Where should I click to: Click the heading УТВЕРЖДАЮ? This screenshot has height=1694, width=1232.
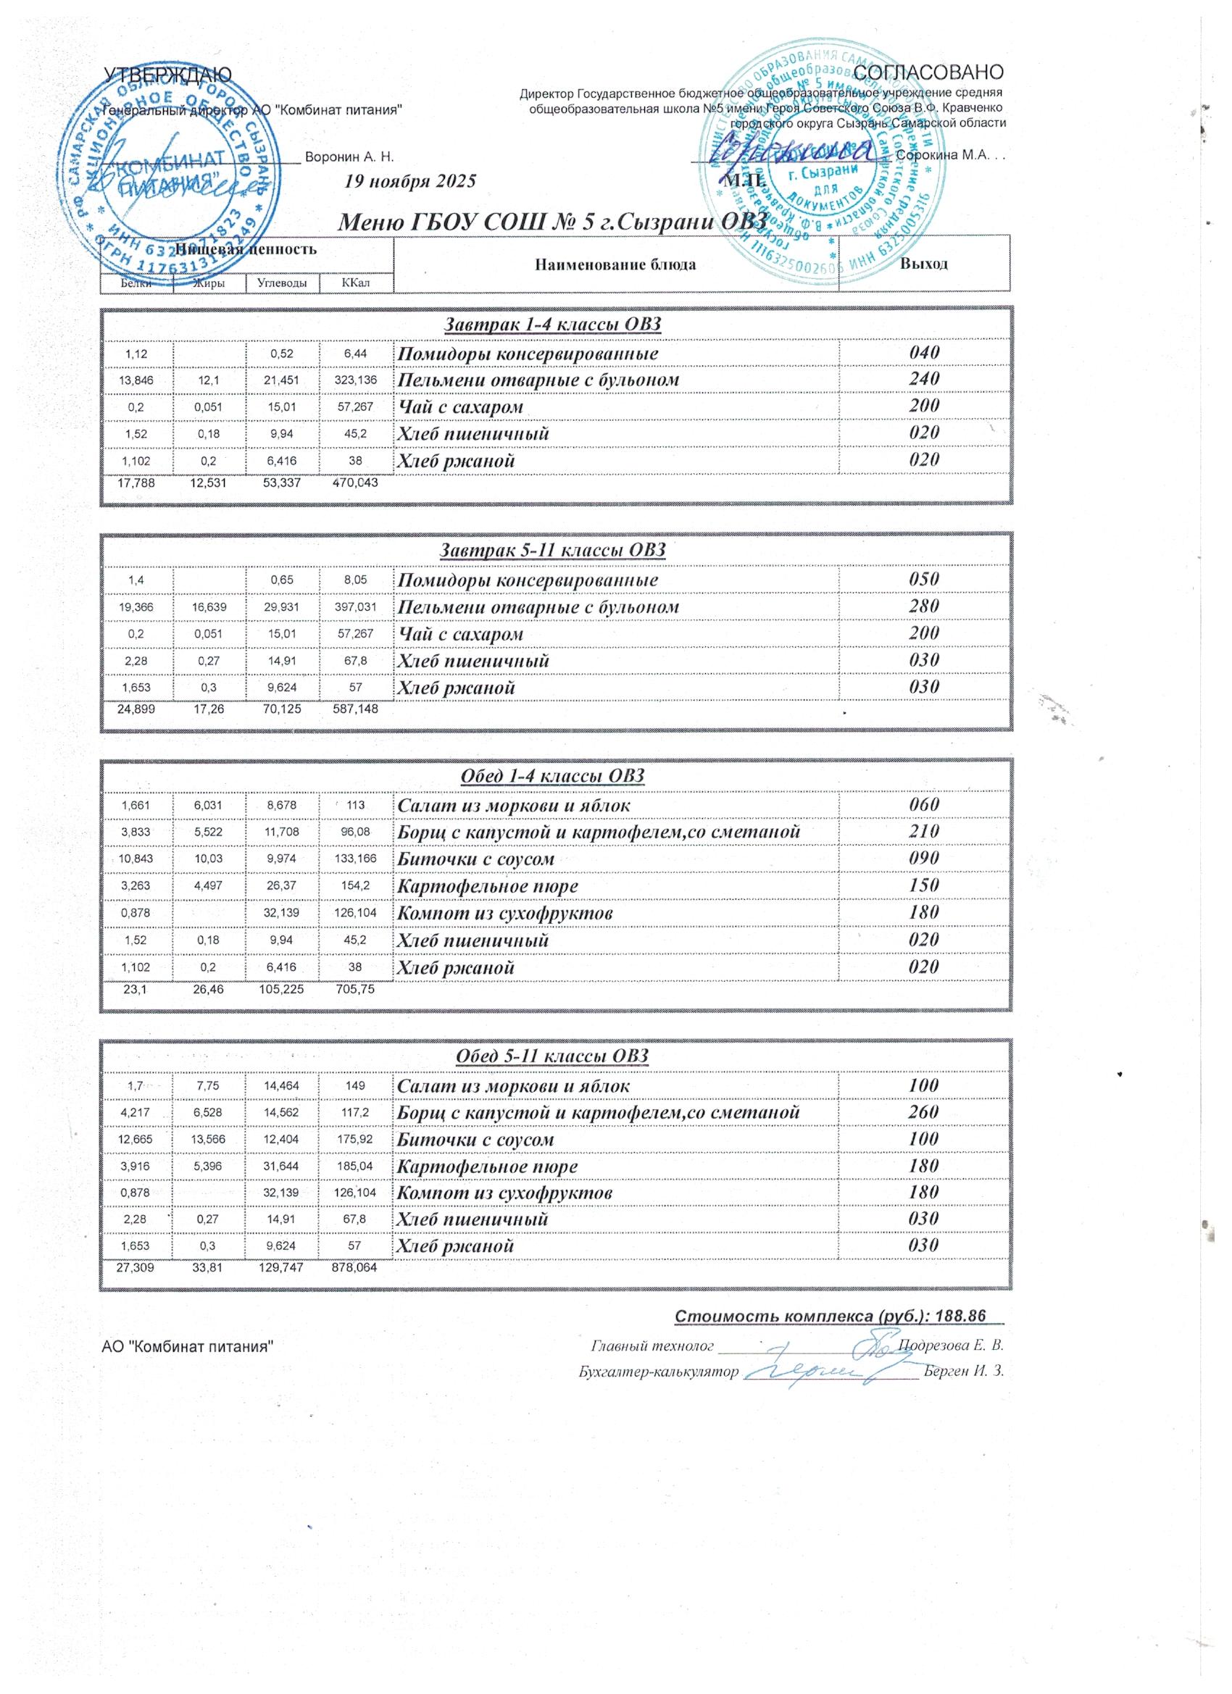[x=167, y=74]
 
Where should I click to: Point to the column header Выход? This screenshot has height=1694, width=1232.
[x=924, y=264]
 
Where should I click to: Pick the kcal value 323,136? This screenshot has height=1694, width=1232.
[x=356, y=380]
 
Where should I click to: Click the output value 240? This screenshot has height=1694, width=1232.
[x=924, y=380]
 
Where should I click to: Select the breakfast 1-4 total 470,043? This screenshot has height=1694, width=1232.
[x=354, y=483]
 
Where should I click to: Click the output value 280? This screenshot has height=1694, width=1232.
[x=924, y=606]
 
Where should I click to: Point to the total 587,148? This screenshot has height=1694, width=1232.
[x=354, y=709]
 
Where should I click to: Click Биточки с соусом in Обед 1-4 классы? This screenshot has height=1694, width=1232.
[x=475, y=858]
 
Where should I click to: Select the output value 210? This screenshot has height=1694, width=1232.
[x=924, y=831]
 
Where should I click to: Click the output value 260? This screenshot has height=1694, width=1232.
[x=924, y=1112]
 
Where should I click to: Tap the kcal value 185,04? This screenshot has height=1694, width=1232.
[x=356, y=1166]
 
